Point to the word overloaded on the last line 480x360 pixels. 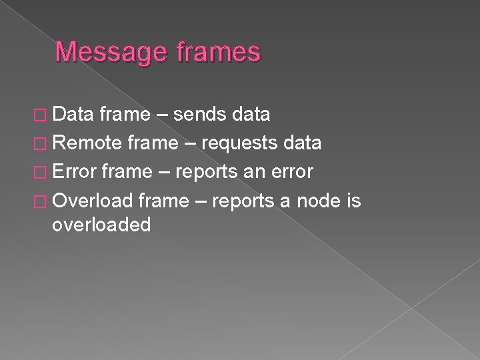[101, 225]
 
